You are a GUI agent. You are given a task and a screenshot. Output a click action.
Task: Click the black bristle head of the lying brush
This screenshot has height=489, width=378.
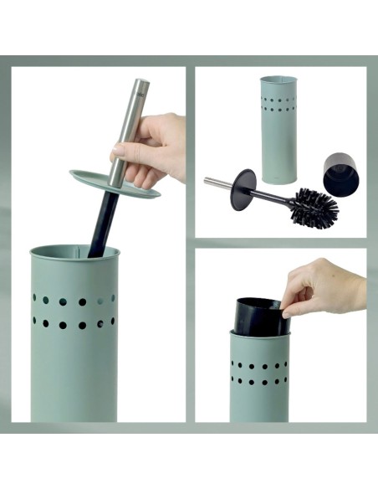pyautogui.click(x=314, y=206)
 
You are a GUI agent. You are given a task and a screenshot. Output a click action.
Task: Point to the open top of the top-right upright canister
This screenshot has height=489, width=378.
pyautogui.click(x=278, y=80)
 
